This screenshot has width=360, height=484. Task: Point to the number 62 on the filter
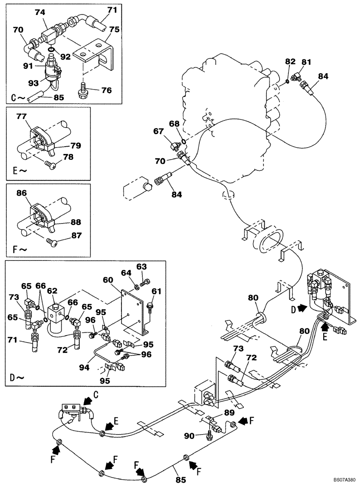tap(52, 291)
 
